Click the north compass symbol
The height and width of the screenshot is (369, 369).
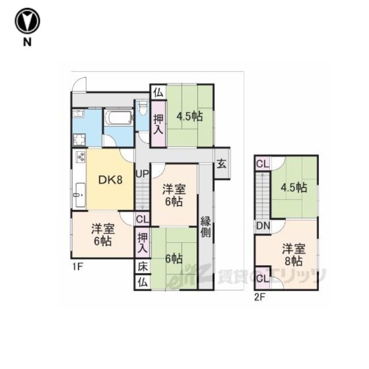point(27,21)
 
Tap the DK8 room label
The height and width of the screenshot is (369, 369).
point(110,180)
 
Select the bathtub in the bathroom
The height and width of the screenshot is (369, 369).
point(119,117)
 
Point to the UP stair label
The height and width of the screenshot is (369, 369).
point(142,174)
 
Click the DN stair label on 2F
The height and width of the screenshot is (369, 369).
point(263,226)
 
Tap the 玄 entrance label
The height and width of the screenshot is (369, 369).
point(221,164)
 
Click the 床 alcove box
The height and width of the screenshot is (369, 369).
point(142,267)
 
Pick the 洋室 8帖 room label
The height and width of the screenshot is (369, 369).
point(293,255)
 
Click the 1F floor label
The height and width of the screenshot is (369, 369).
point(77,267)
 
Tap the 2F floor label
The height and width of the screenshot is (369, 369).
point(259,298)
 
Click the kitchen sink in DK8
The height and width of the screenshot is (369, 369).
point(81,195)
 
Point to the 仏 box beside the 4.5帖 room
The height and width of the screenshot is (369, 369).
point(159,92)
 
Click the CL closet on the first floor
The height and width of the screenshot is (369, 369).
point(142,219)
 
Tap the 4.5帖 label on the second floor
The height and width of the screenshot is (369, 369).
point(293,188)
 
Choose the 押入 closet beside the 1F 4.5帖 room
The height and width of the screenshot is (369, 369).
point(159,124)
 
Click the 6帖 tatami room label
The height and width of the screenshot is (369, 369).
point(174,259)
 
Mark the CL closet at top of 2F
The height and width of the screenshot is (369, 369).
point(263,164)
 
